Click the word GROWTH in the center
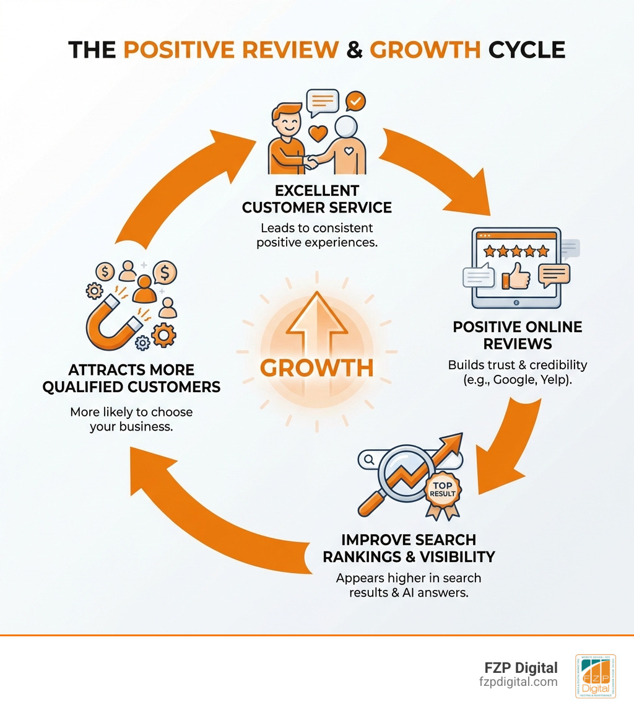coord(316,367)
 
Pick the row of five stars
coord(516,251)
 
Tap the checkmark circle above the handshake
coord(355,100)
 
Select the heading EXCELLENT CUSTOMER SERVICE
coord(316,198)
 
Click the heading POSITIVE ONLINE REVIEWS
coord(518,335)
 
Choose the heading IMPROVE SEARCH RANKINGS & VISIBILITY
coord(409,548)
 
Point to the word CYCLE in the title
coord(526,49)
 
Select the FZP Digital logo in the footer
coord(595,676)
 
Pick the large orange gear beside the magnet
coord(163,335)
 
